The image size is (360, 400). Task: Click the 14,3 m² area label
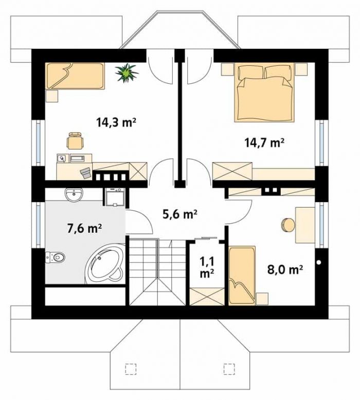tap(116, 123)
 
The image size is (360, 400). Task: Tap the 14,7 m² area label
tap(264, 142)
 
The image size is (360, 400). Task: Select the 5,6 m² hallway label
tap(180, 214)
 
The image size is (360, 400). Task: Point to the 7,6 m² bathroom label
tap(84, 228)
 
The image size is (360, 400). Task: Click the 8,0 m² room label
tap(285, 269)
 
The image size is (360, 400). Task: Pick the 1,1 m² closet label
tap(207, 267)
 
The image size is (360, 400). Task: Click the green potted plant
tap(126, 73)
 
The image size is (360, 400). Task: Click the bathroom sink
tap(74, 195)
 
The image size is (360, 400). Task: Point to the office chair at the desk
tap(76, 140)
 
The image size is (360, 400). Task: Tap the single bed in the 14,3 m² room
tap(76, 76)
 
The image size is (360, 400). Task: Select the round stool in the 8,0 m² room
tap(288, 225)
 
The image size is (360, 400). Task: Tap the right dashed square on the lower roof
tap(229, 369)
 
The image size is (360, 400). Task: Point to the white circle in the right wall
tap(319, 263)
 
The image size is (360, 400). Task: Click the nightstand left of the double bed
tap(228, 69)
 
